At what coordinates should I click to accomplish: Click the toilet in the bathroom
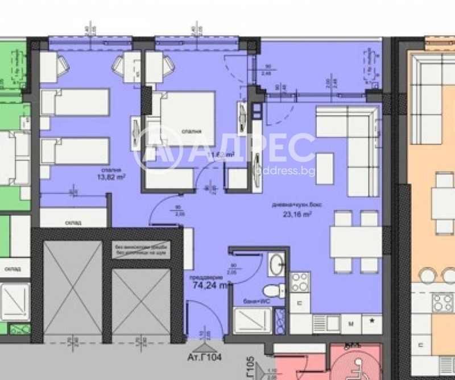(x=277, y=291)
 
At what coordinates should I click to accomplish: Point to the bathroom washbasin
(x=277, y=264)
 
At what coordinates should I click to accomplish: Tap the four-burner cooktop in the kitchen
(x=300, y=282)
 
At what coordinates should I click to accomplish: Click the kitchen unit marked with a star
(x=372, y=322)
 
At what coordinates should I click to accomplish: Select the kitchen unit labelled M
(x=351, y=323)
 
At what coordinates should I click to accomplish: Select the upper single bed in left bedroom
(x=75, y=102)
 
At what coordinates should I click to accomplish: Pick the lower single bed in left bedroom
(x=75, y=152)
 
